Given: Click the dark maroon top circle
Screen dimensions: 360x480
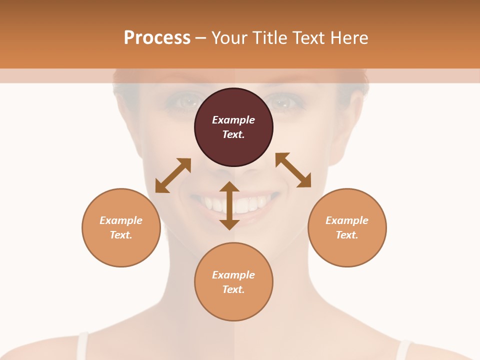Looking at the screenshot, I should point(233,127).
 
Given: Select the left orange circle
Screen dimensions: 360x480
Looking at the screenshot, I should point(121,227).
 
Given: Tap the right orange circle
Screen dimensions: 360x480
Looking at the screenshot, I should point(347,227).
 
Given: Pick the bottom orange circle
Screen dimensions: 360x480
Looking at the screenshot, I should point(233,282).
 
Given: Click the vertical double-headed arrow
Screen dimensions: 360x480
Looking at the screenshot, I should point(229,205).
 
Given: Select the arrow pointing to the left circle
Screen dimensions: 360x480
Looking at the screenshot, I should point(173,175).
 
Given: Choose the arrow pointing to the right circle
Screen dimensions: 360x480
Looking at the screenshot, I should point(293,170).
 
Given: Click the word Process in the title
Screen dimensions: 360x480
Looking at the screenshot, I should point(157,37).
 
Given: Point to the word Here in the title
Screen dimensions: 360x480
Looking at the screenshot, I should point(350,37).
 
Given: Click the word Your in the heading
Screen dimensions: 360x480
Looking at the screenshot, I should point(230,37).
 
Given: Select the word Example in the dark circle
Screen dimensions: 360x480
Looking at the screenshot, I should point(233,120).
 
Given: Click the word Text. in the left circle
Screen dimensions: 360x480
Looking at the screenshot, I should point(121,235).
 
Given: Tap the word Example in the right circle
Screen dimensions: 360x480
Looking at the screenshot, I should point(347,220).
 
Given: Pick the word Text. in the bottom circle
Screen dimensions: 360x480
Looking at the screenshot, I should point(233,289).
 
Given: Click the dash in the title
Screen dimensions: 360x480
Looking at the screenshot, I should point(201,38).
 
